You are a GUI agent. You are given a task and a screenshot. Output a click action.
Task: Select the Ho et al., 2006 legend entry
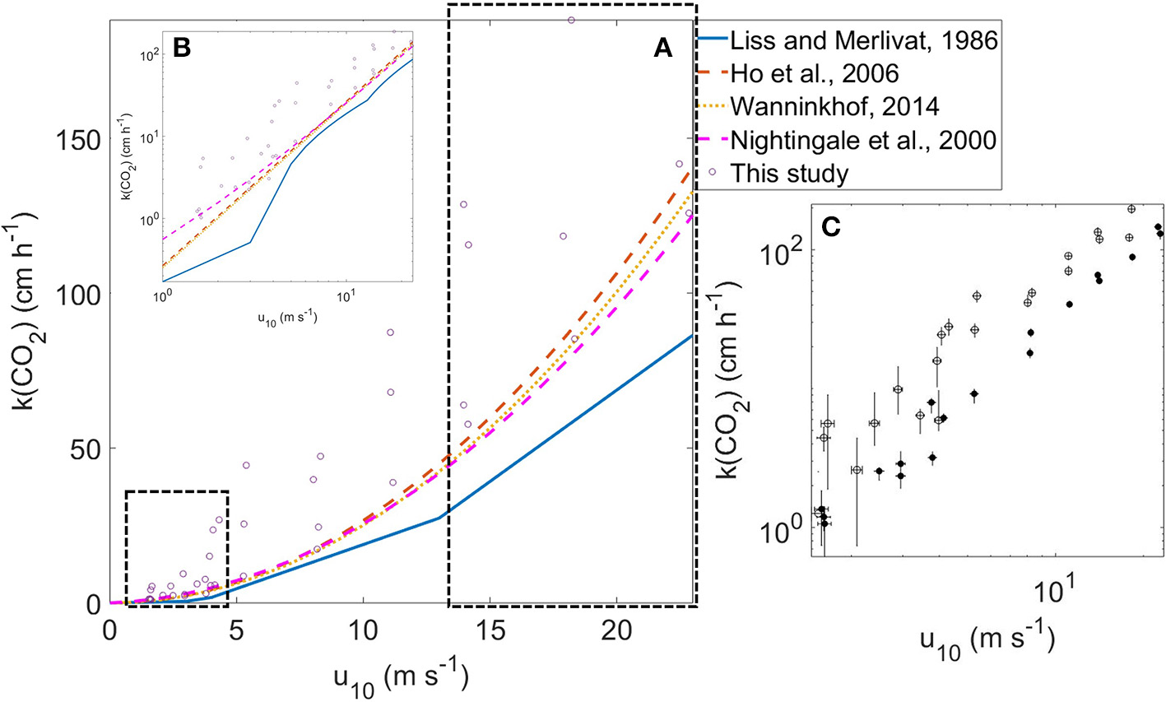[815, 73]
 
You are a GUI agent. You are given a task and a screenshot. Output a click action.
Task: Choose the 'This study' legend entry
[789, 174]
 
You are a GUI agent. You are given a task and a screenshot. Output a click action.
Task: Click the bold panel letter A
[662, 49]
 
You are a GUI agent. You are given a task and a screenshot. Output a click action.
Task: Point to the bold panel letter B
[181, 49]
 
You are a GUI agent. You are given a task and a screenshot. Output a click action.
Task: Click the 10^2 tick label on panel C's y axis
[781, 252]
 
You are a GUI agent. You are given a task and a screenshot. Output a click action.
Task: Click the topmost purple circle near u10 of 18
[571, 20]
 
